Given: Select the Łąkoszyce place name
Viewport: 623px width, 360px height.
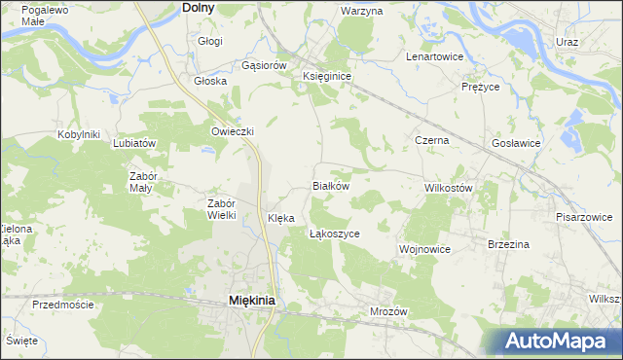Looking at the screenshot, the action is tap(335, 234).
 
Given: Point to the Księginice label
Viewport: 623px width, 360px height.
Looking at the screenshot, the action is tap(327, 75).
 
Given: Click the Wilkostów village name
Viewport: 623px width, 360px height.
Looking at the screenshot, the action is tap(449, 187).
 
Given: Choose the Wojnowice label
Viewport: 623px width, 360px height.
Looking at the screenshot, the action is tap(424, 249).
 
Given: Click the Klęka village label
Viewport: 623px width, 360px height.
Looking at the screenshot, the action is tap(280, 218).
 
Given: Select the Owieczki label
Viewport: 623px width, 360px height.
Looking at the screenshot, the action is tap(233, 131).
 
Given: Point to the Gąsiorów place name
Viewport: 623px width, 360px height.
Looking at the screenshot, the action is tap(264, 65).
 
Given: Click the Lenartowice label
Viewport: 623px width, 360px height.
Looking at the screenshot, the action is tap(434, 56).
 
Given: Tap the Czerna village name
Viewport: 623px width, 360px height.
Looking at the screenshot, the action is tap(432, 140).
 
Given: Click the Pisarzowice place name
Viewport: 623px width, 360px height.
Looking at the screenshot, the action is tap(585, 217).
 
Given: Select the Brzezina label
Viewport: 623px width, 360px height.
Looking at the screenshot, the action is tap(508, 244).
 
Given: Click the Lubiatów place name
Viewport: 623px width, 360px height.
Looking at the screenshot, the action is tap(135, 142).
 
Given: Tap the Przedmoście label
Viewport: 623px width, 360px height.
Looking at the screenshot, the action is tap(62, 305).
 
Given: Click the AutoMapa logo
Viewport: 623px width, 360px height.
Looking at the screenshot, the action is tap(557, 341).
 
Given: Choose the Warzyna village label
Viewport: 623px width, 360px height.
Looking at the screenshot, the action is tap(362, 11).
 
